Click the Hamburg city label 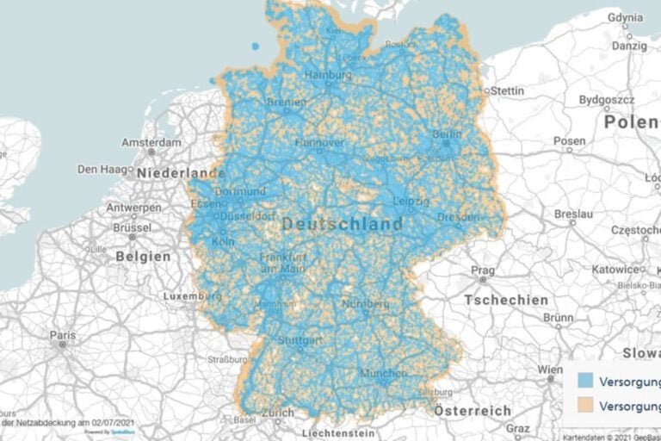328,76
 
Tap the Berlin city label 447,135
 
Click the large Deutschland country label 342,225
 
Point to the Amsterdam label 151,142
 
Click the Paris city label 62,334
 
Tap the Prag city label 482,270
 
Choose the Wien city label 549,370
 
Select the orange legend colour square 585,405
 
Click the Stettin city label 506,90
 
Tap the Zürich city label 278,413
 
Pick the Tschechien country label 506,300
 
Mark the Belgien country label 145,256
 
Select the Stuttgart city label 300,340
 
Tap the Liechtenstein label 337,432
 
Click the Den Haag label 102,170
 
